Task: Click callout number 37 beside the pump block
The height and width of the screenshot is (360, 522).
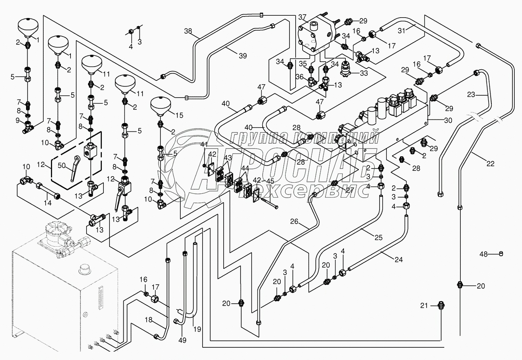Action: coord(303,17)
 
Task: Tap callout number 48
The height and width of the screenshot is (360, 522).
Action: coord(484,254)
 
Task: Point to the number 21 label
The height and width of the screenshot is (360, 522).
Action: coord(424,305)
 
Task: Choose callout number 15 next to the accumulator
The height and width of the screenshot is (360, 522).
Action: coord(179,115)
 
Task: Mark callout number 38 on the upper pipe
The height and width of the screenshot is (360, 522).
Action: coord(188,31)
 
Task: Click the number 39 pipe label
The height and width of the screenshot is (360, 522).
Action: coord(242,56)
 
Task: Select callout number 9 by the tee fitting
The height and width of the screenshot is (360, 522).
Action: coord(18,120)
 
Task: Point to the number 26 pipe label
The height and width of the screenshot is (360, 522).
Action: coord(294,221)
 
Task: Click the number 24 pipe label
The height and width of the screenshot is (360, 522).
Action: coord(399,259)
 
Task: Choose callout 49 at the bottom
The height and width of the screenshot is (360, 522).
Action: coord(183,340)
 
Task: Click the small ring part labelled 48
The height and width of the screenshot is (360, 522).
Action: coord(501,254)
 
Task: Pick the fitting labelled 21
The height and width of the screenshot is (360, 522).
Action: coord(440,306)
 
